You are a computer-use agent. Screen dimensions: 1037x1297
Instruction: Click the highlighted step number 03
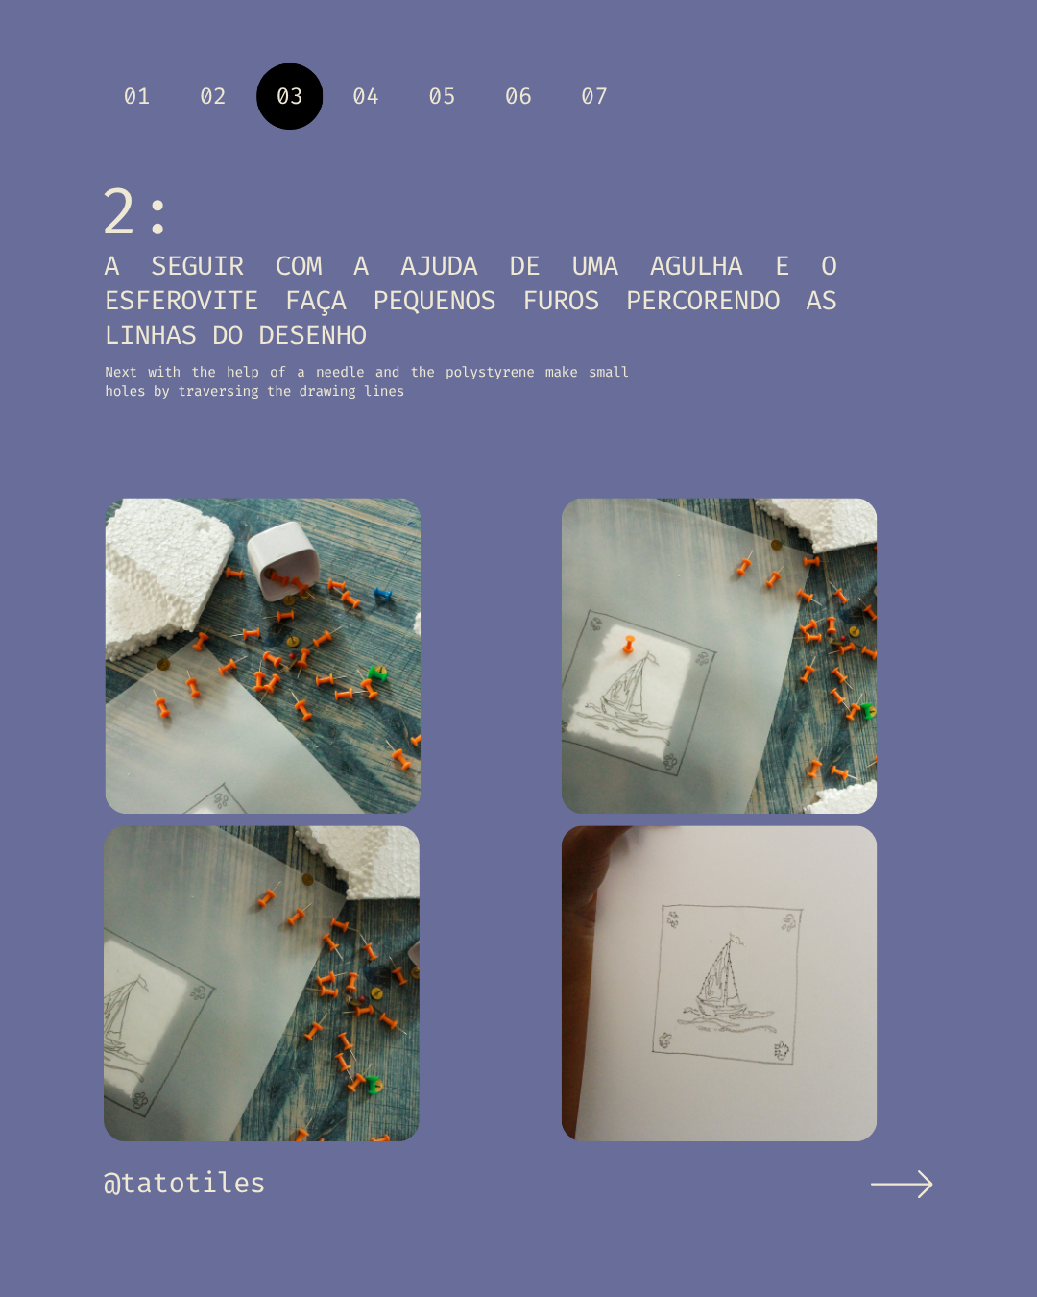(289, 96)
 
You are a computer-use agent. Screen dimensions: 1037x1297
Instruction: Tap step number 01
(136, 96)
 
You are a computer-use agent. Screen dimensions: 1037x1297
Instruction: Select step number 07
(594, 96)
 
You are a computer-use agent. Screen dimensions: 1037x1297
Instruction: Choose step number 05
(442, 96)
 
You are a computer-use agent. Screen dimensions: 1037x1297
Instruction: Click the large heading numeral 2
(119, 211)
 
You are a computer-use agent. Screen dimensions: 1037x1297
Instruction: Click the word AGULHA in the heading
(696, 266)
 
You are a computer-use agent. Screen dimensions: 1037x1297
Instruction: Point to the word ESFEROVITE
(181, 301)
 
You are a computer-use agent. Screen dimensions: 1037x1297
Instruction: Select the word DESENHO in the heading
(313, 335)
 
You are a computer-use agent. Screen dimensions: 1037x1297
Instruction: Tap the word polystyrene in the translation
(490, 373)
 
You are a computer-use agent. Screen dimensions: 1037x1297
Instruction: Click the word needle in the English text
(340, 373)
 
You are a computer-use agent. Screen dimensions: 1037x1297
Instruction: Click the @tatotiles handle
(183, 1183)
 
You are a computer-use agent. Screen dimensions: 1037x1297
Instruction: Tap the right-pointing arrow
(902, 1184)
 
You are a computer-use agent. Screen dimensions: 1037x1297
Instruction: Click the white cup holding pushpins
(283, 560)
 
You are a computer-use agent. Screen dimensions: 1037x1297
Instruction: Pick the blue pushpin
(382, 594)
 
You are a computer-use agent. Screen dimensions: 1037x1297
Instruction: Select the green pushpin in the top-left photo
(377, 673)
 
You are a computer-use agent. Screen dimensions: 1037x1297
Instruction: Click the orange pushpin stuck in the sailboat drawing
(629, 644)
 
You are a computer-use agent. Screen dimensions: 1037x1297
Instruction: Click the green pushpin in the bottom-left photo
(372, 1085)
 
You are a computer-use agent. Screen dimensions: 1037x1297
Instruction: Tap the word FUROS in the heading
(561, 301)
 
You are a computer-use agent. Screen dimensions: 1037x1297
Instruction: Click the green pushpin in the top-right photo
(868, 711)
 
